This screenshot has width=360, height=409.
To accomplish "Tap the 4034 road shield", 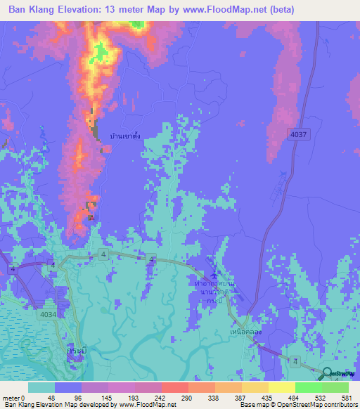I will (48, 314).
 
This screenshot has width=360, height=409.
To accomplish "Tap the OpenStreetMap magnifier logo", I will (329, 373).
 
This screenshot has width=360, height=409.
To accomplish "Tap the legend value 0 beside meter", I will (22, 397).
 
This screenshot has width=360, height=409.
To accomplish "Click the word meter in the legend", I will (10, 397).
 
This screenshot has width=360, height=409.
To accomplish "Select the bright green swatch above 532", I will (309, 387).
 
